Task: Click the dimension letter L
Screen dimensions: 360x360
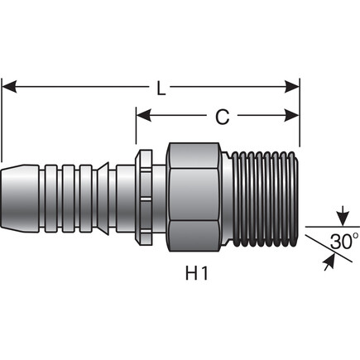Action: click(x=161, y=85)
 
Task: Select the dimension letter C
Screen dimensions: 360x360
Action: click(x=222, y=118)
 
